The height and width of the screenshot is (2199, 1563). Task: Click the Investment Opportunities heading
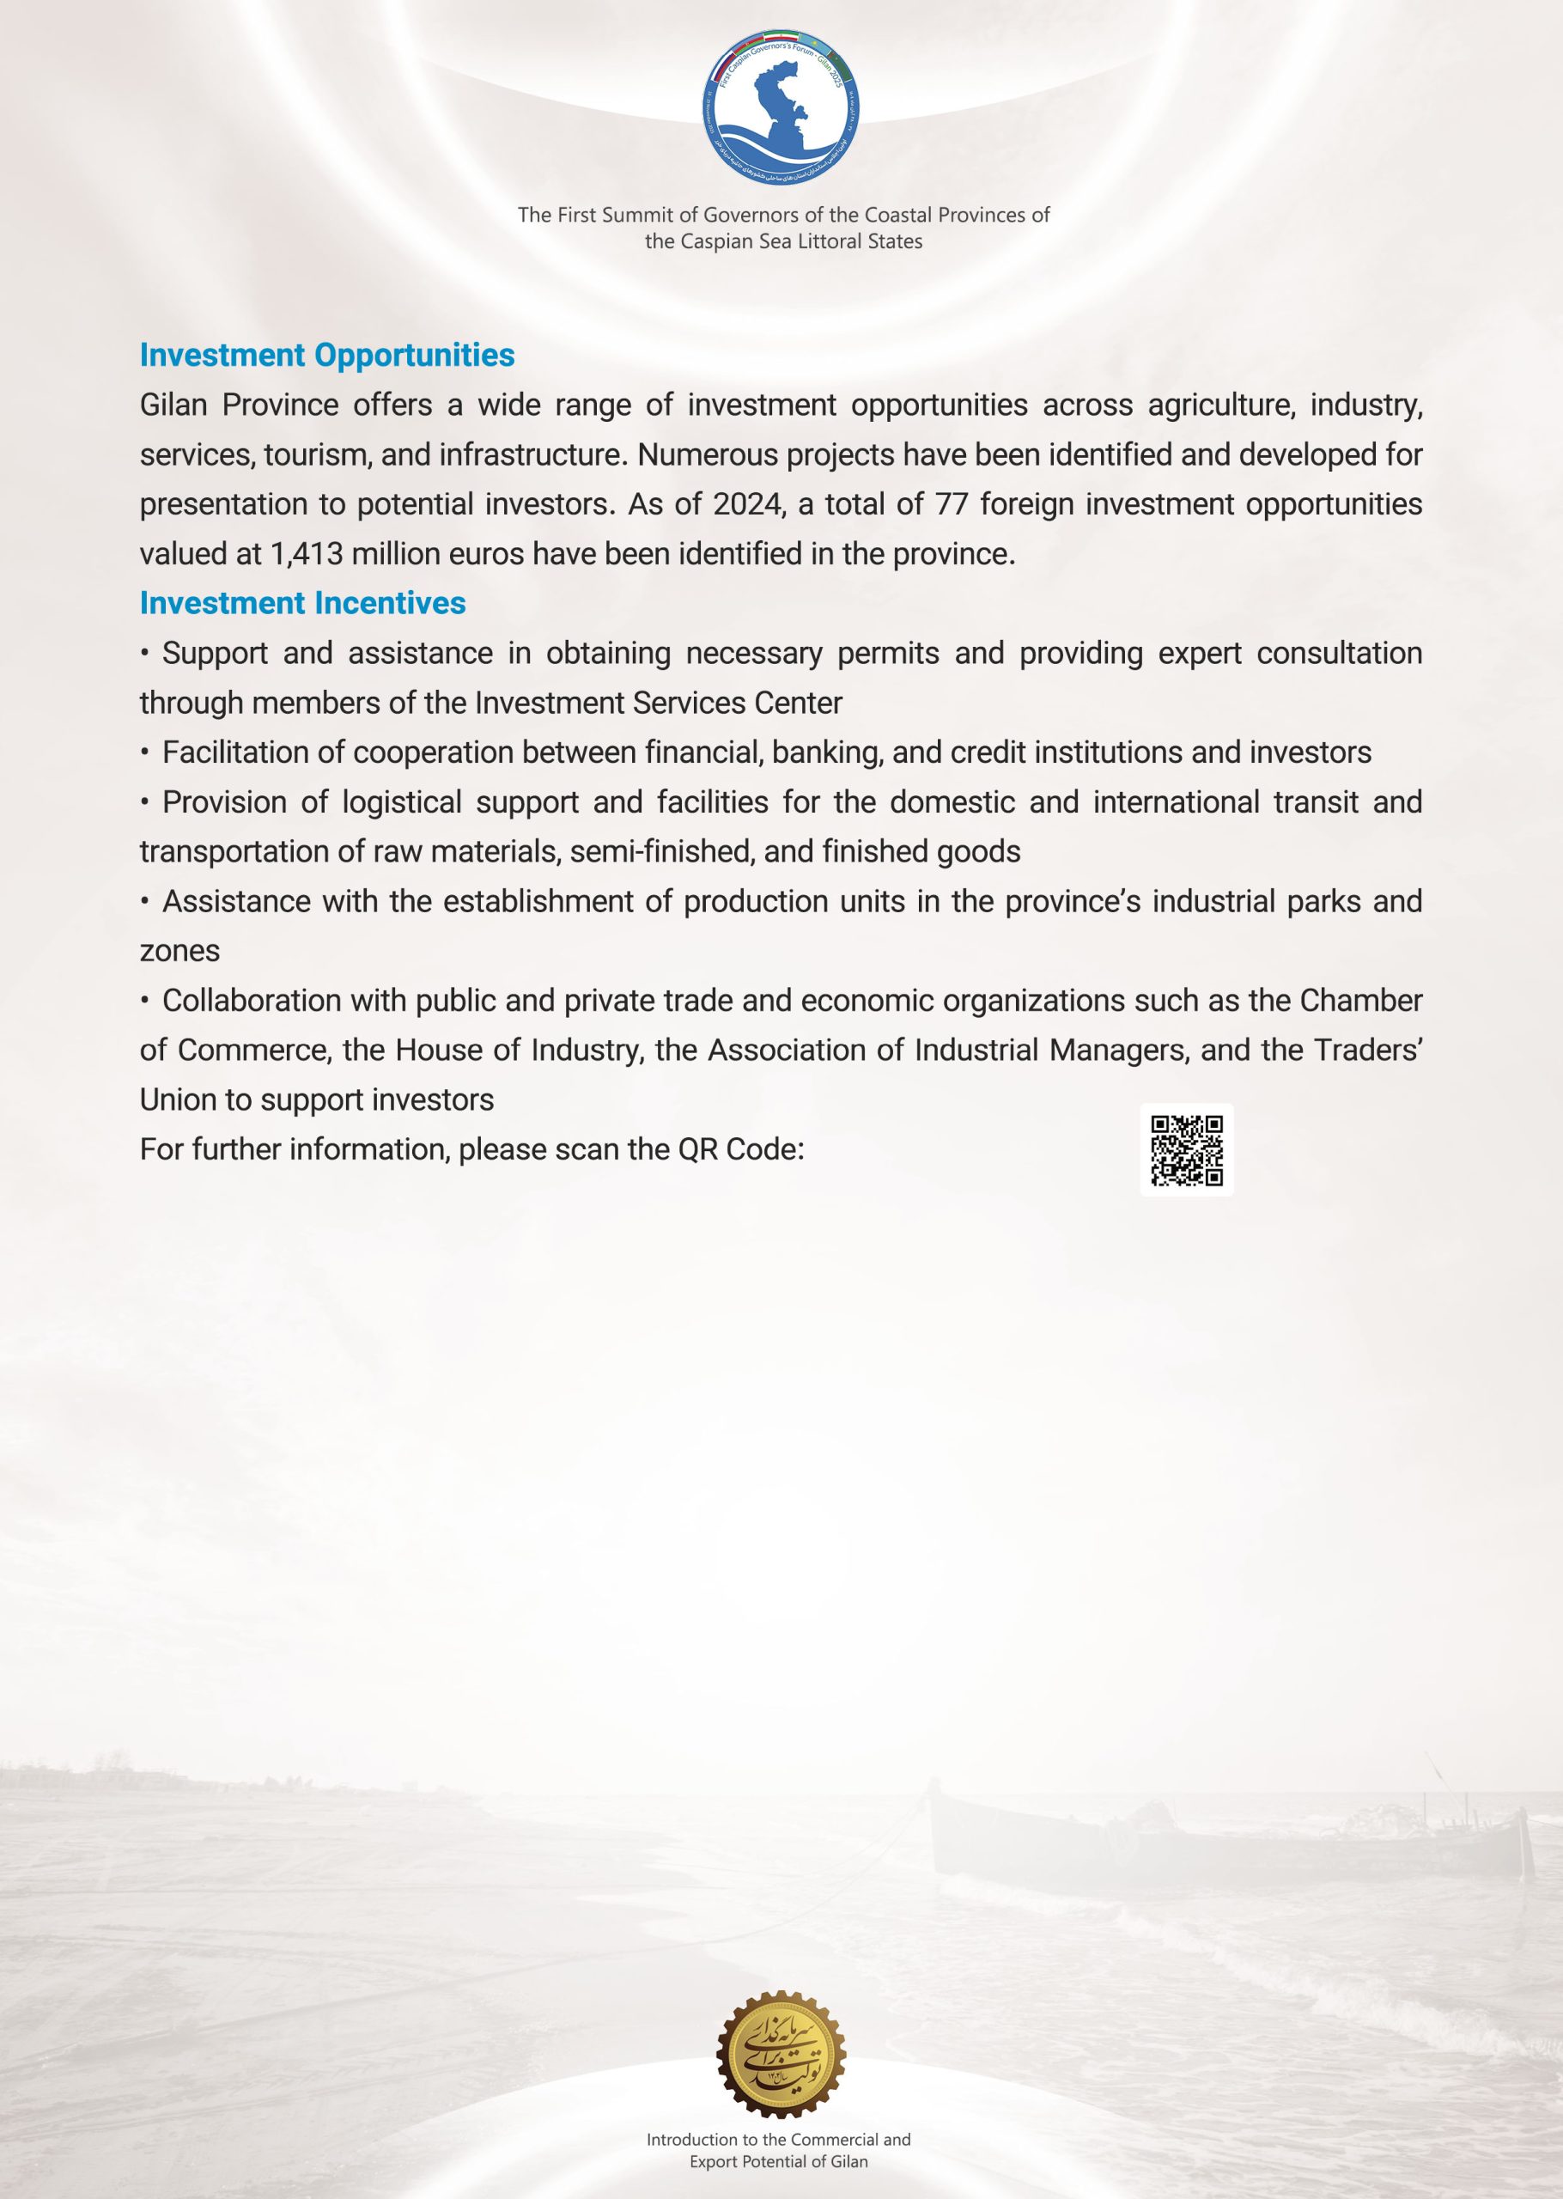pyautogui.click(x=327, y=355)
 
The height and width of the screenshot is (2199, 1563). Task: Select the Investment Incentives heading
pyautogui.click(x=302, y=603)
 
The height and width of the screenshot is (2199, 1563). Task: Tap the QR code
pyautogui.click(x=1187, y=1150)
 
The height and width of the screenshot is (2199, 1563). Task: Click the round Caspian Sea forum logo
pyautogui.click(x=781, y=107)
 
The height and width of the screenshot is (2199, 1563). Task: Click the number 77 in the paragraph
pyautogui.click(x=951, y=504)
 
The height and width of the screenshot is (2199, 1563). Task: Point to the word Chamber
pyautogui.click(x=1361, y=1001)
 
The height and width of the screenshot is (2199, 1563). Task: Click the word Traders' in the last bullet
pyautogui.click(x=1367, y=1050)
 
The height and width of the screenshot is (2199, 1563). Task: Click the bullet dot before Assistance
pyautogui.click(x=144, y=902)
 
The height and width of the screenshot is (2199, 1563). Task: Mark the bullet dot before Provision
pyautogui.click(x=144, y=802)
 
